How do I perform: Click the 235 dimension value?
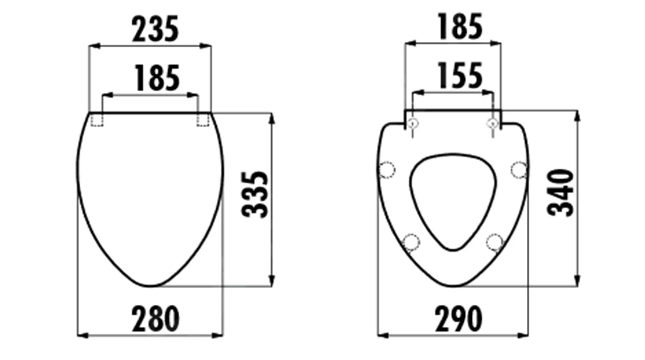(155, 29)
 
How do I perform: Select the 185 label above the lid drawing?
(157, 78)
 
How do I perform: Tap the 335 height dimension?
(255, 195)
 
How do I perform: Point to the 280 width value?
(156, 319)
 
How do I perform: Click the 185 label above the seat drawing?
(460, 27)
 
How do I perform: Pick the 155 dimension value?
(460, 75)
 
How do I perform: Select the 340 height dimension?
(560, 193)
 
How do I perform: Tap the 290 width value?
(458, 319)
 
